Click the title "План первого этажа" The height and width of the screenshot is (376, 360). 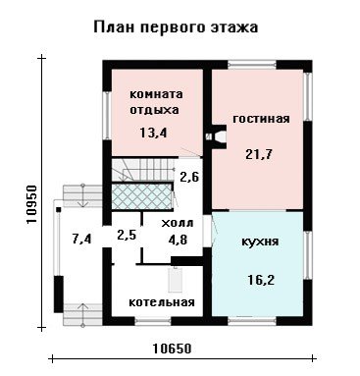click(176, 27)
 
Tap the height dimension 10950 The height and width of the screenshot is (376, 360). click(31, 204)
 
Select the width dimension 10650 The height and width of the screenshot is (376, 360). click(172, 349)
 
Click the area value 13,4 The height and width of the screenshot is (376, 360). click(153, 133)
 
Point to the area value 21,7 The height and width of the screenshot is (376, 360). click(259, 154)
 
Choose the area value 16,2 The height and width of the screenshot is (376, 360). click(261, 280)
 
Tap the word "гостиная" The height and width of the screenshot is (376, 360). click(261, 119)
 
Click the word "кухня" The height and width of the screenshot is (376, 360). click(260, 242)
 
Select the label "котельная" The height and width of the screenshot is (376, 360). click(162, 302)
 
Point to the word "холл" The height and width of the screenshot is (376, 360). click(178, 223)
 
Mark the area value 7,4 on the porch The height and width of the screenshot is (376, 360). click(81, 239)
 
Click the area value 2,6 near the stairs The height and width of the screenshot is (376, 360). click(189, 177)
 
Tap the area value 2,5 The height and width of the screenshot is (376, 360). click(127, 235)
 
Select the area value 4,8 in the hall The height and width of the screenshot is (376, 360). click(177, 240)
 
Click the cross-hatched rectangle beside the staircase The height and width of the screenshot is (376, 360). click(142, 196)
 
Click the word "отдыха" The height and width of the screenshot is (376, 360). click(154, 110)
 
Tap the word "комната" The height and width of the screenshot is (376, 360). click(156, 94)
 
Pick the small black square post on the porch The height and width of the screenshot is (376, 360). click(59, 209)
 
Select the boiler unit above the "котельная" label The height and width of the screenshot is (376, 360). click(176, 280)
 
